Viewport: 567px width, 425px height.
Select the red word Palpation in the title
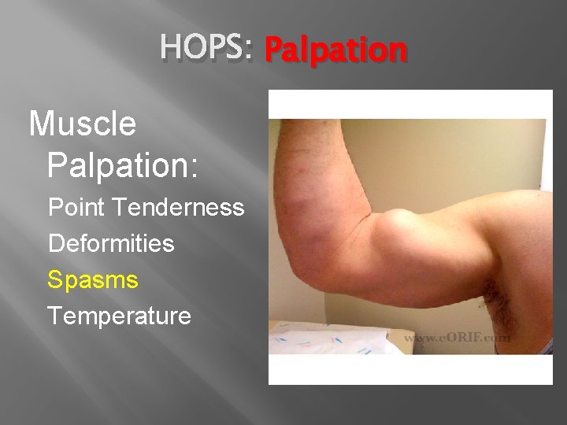point(335,50)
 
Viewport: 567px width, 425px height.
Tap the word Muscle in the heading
point(83,124)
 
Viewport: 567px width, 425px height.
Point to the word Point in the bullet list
point(77,208)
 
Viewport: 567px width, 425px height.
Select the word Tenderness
point(179,208)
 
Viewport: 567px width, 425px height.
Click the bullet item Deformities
point(111,243)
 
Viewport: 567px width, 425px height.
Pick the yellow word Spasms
point(93,279)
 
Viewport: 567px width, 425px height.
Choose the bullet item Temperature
point(120,316)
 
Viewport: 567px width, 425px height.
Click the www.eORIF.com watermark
point(458,338)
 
